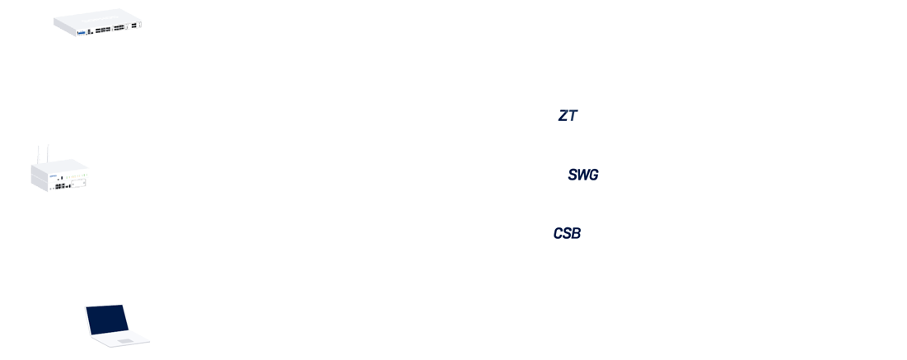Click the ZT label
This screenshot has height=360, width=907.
click(x=568, y=116)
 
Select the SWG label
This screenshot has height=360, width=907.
click(x=583, y=175)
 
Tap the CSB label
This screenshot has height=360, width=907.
click(x=567, y=234)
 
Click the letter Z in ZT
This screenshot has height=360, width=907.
click(x=563, y=116)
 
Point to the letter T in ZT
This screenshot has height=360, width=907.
click(x=573, y=116)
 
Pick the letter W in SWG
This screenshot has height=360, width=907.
click(x=582, y=175)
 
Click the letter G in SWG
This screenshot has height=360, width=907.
click(x=593, y=175)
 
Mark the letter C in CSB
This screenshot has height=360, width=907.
click(x=558, y=234)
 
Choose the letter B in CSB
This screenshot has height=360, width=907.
click(x=576, y=234)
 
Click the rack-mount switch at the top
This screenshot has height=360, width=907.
click(x=98, y=23)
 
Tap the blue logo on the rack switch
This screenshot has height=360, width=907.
click(x=81, y=32)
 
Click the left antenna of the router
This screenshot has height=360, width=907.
click(x=38, y=152)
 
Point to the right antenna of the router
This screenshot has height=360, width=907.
click(x=47, y=151)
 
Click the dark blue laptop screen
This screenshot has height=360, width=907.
click(x=108, y=320)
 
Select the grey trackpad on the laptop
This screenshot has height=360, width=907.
click(x=124, y=340)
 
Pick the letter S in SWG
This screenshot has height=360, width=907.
click(x=573, y=175)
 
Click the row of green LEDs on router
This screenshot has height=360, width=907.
click(x=76, y=176)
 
